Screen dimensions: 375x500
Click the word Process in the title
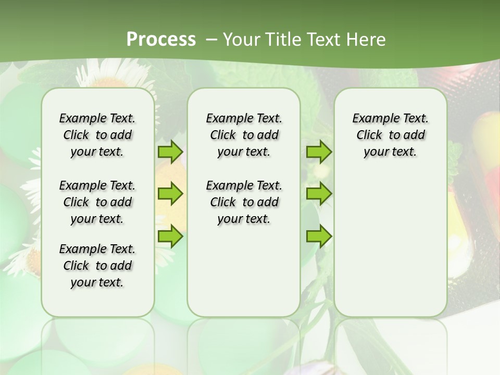point(161,39)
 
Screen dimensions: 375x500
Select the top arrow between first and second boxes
point(170,152)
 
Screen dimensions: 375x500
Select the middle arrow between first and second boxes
point(170,194)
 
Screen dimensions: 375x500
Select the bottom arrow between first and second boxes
point(170,236)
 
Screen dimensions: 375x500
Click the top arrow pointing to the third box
point(319,152)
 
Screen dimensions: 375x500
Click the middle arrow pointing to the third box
point(319,194)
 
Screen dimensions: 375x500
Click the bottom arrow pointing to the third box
point(319,236)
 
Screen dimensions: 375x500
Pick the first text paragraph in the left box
point(97,135)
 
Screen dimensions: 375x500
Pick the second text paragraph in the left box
point(97,202)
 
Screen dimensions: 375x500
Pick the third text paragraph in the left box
point(97,266)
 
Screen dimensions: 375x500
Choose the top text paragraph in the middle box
point(244,135)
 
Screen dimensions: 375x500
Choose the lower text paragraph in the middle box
point(244,202)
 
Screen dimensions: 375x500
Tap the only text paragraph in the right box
point(390,135)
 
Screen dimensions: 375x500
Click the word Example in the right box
point(372,118)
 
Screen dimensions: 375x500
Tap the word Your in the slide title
point(240,39)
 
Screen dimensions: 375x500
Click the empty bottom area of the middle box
point(244,276)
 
